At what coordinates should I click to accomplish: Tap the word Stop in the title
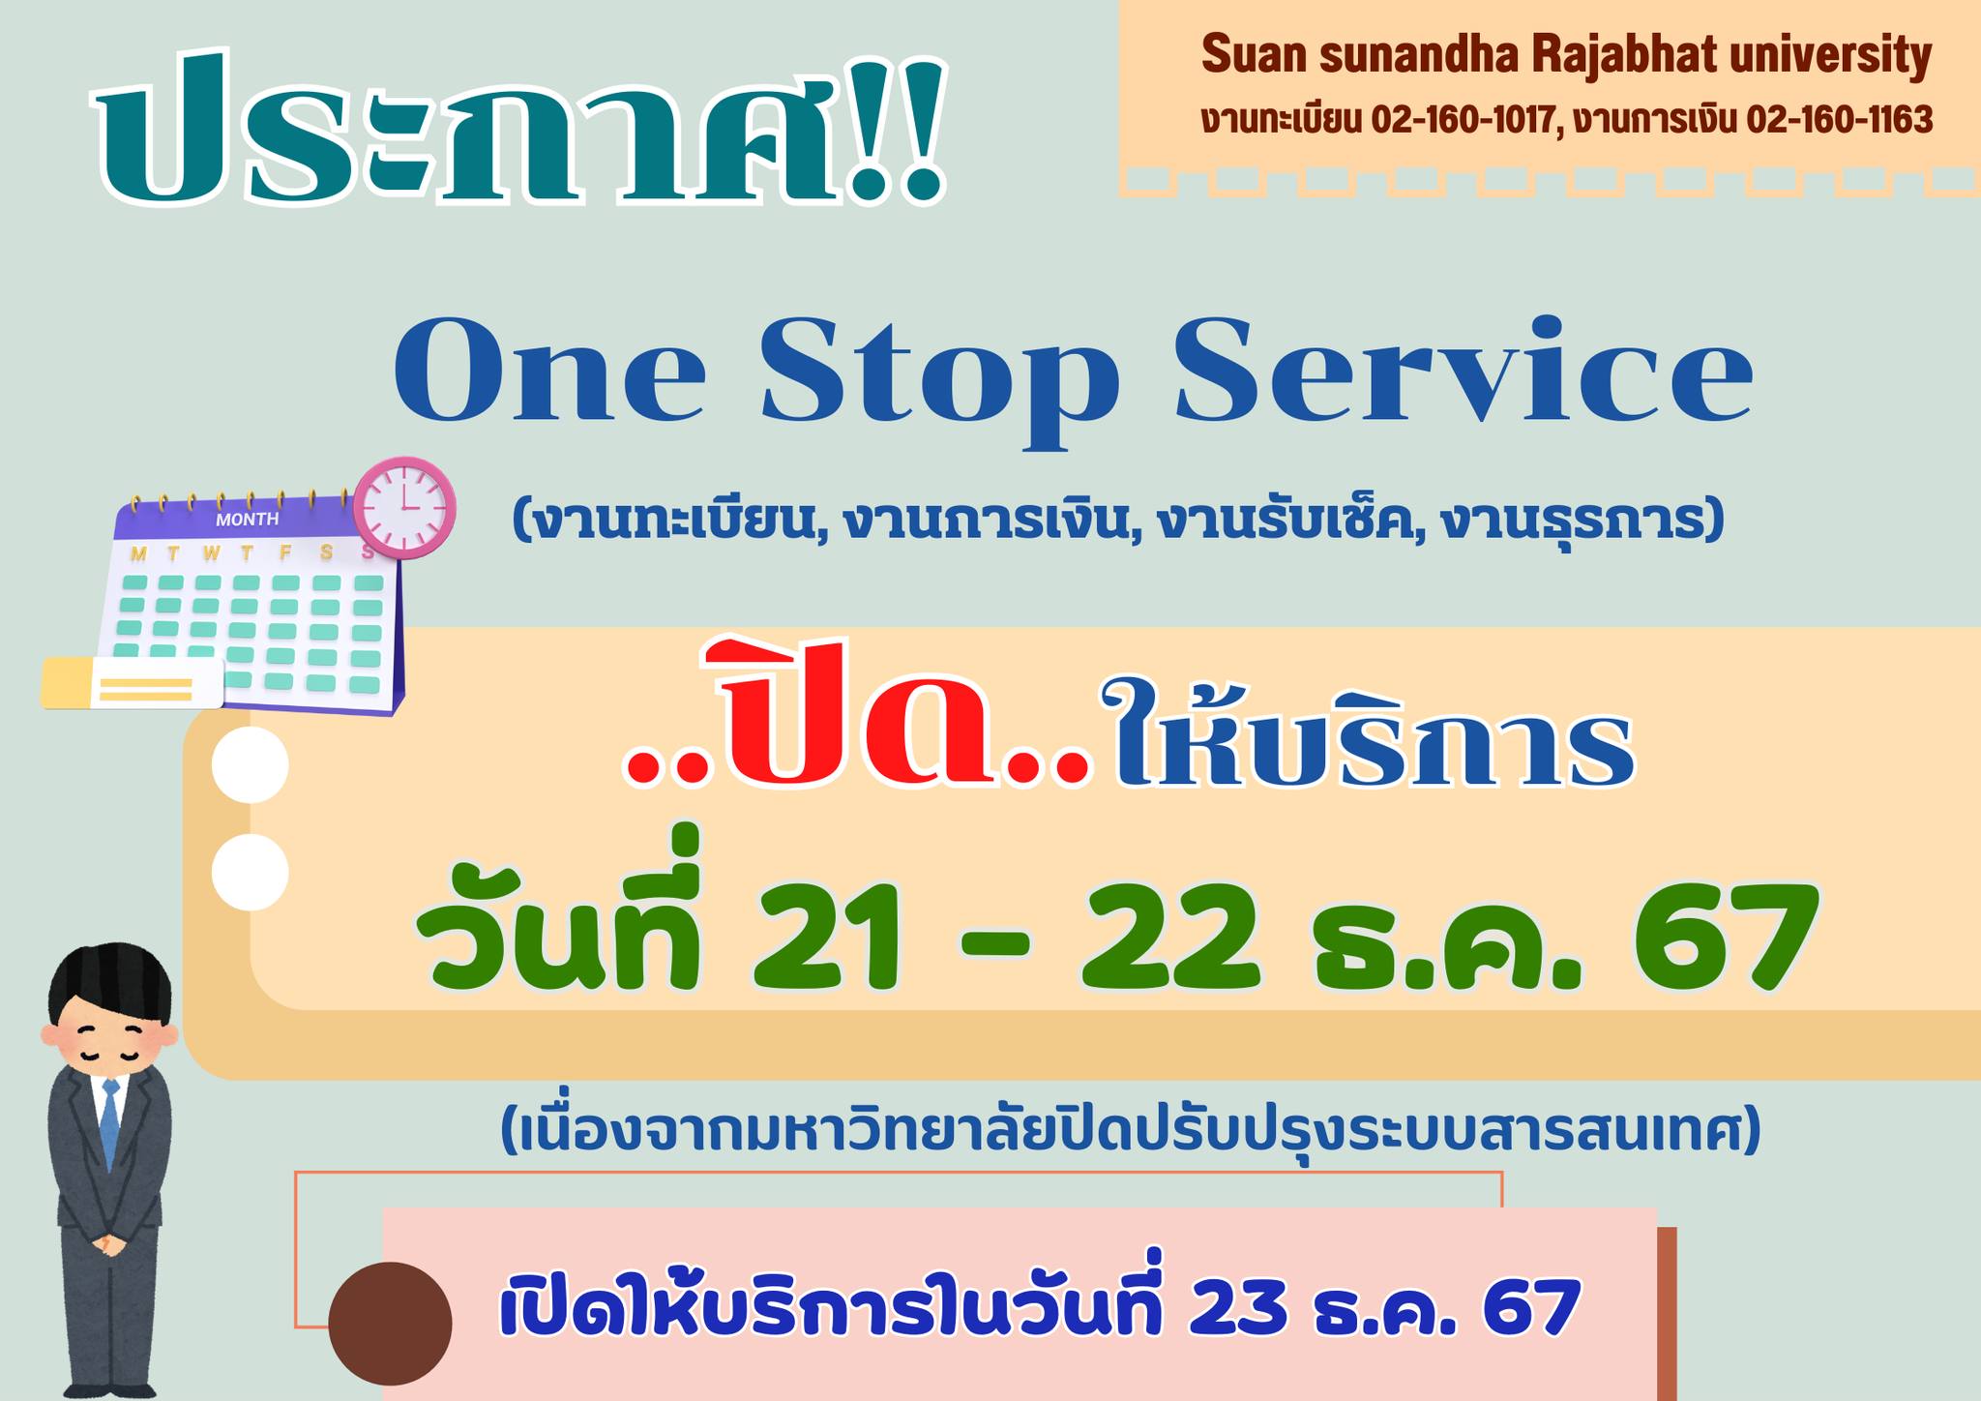click(x=939, y=381)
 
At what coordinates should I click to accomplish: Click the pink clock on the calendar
click(x=404, y=508)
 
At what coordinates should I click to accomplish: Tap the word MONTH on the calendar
click(x=247, y=520)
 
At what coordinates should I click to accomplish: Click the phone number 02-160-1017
click(x=1464, y=120)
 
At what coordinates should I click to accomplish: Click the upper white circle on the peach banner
click(x=251, y=764)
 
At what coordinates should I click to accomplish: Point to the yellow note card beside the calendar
click(x=133, y=683)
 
